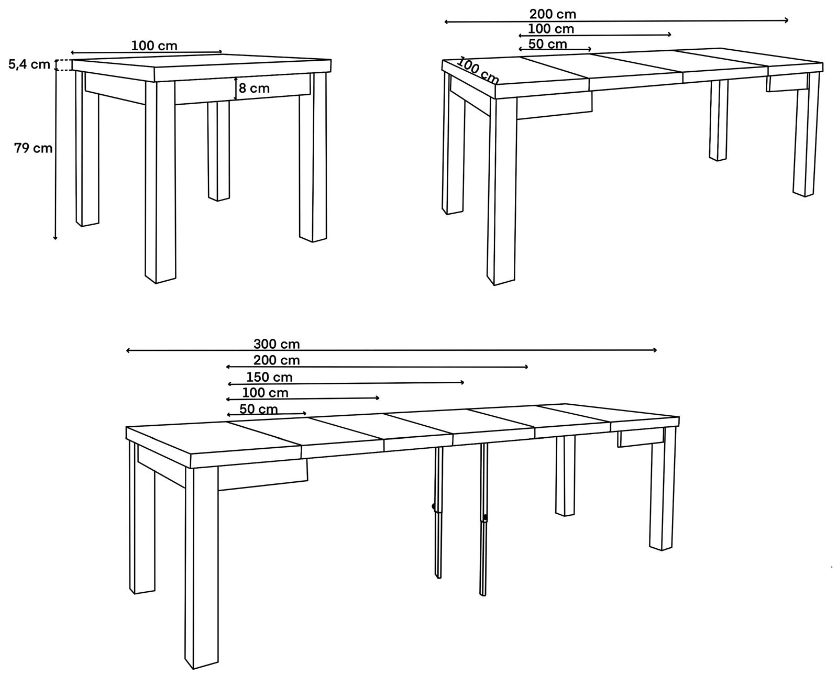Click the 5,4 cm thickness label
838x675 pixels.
click(29, 64)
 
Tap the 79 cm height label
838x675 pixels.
click(33, 148)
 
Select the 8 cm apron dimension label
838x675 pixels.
click(255, 88)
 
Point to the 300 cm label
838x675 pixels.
click(277, 345)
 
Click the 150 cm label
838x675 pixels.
click(269, 377)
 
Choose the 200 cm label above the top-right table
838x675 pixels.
click(553, 14)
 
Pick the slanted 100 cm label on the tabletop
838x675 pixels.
click(478, 71)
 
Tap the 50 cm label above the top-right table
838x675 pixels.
click(547, 44)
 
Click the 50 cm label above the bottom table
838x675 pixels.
click(259, 409)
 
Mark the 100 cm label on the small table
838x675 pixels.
click(154, 46)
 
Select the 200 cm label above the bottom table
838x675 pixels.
click(277, 360)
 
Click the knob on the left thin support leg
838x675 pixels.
click(434, 506)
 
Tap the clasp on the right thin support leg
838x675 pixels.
click(485, 518)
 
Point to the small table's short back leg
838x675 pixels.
click(218, 151)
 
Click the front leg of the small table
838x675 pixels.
click(160, 182)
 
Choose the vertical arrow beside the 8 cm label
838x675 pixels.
click(236, 88)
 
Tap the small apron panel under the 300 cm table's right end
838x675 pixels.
click(641, 438)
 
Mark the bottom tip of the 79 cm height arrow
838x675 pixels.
click(56, 239)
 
